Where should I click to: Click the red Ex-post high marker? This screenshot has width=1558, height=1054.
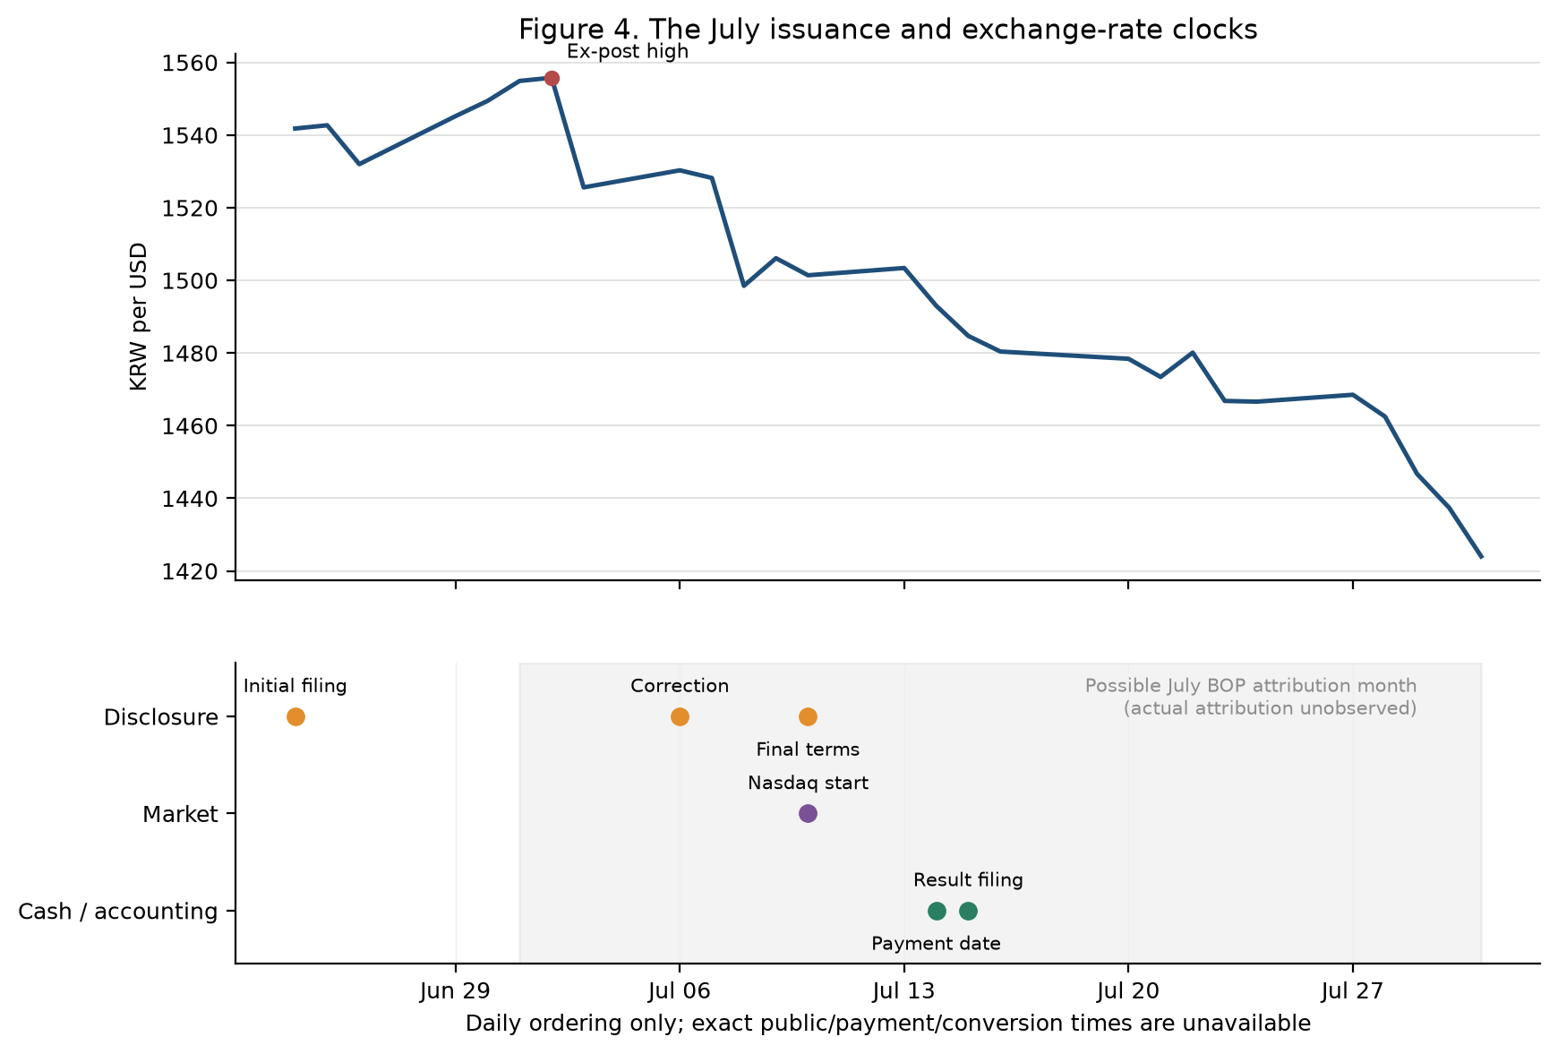552,79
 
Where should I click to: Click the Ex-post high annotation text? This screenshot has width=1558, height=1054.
628,52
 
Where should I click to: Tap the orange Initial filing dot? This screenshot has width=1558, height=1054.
295,716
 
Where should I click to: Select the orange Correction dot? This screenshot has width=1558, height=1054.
680,716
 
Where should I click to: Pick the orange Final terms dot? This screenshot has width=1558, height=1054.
808,716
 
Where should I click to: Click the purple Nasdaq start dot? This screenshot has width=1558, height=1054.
808,813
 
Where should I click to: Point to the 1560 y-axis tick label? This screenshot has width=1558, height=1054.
190,64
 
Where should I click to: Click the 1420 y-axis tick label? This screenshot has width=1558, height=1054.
190,571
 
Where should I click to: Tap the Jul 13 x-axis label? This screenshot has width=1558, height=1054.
904,991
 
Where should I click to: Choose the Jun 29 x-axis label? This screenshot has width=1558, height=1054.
456,991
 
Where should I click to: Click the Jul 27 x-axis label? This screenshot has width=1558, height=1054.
1352,991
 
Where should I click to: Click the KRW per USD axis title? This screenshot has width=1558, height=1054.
139,317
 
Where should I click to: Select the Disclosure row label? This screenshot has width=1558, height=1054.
161,717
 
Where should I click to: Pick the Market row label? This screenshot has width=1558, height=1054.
181,814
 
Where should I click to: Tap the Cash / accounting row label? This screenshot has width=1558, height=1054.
118,912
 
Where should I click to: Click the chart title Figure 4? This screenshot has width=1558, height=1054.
887,30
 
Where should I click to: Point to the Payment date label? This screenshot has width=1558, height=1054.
936,944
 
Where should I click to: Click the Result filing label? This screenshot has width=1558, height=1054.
968,880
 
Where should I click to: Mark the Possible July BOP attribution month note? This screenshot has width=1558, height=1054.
1251,697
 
